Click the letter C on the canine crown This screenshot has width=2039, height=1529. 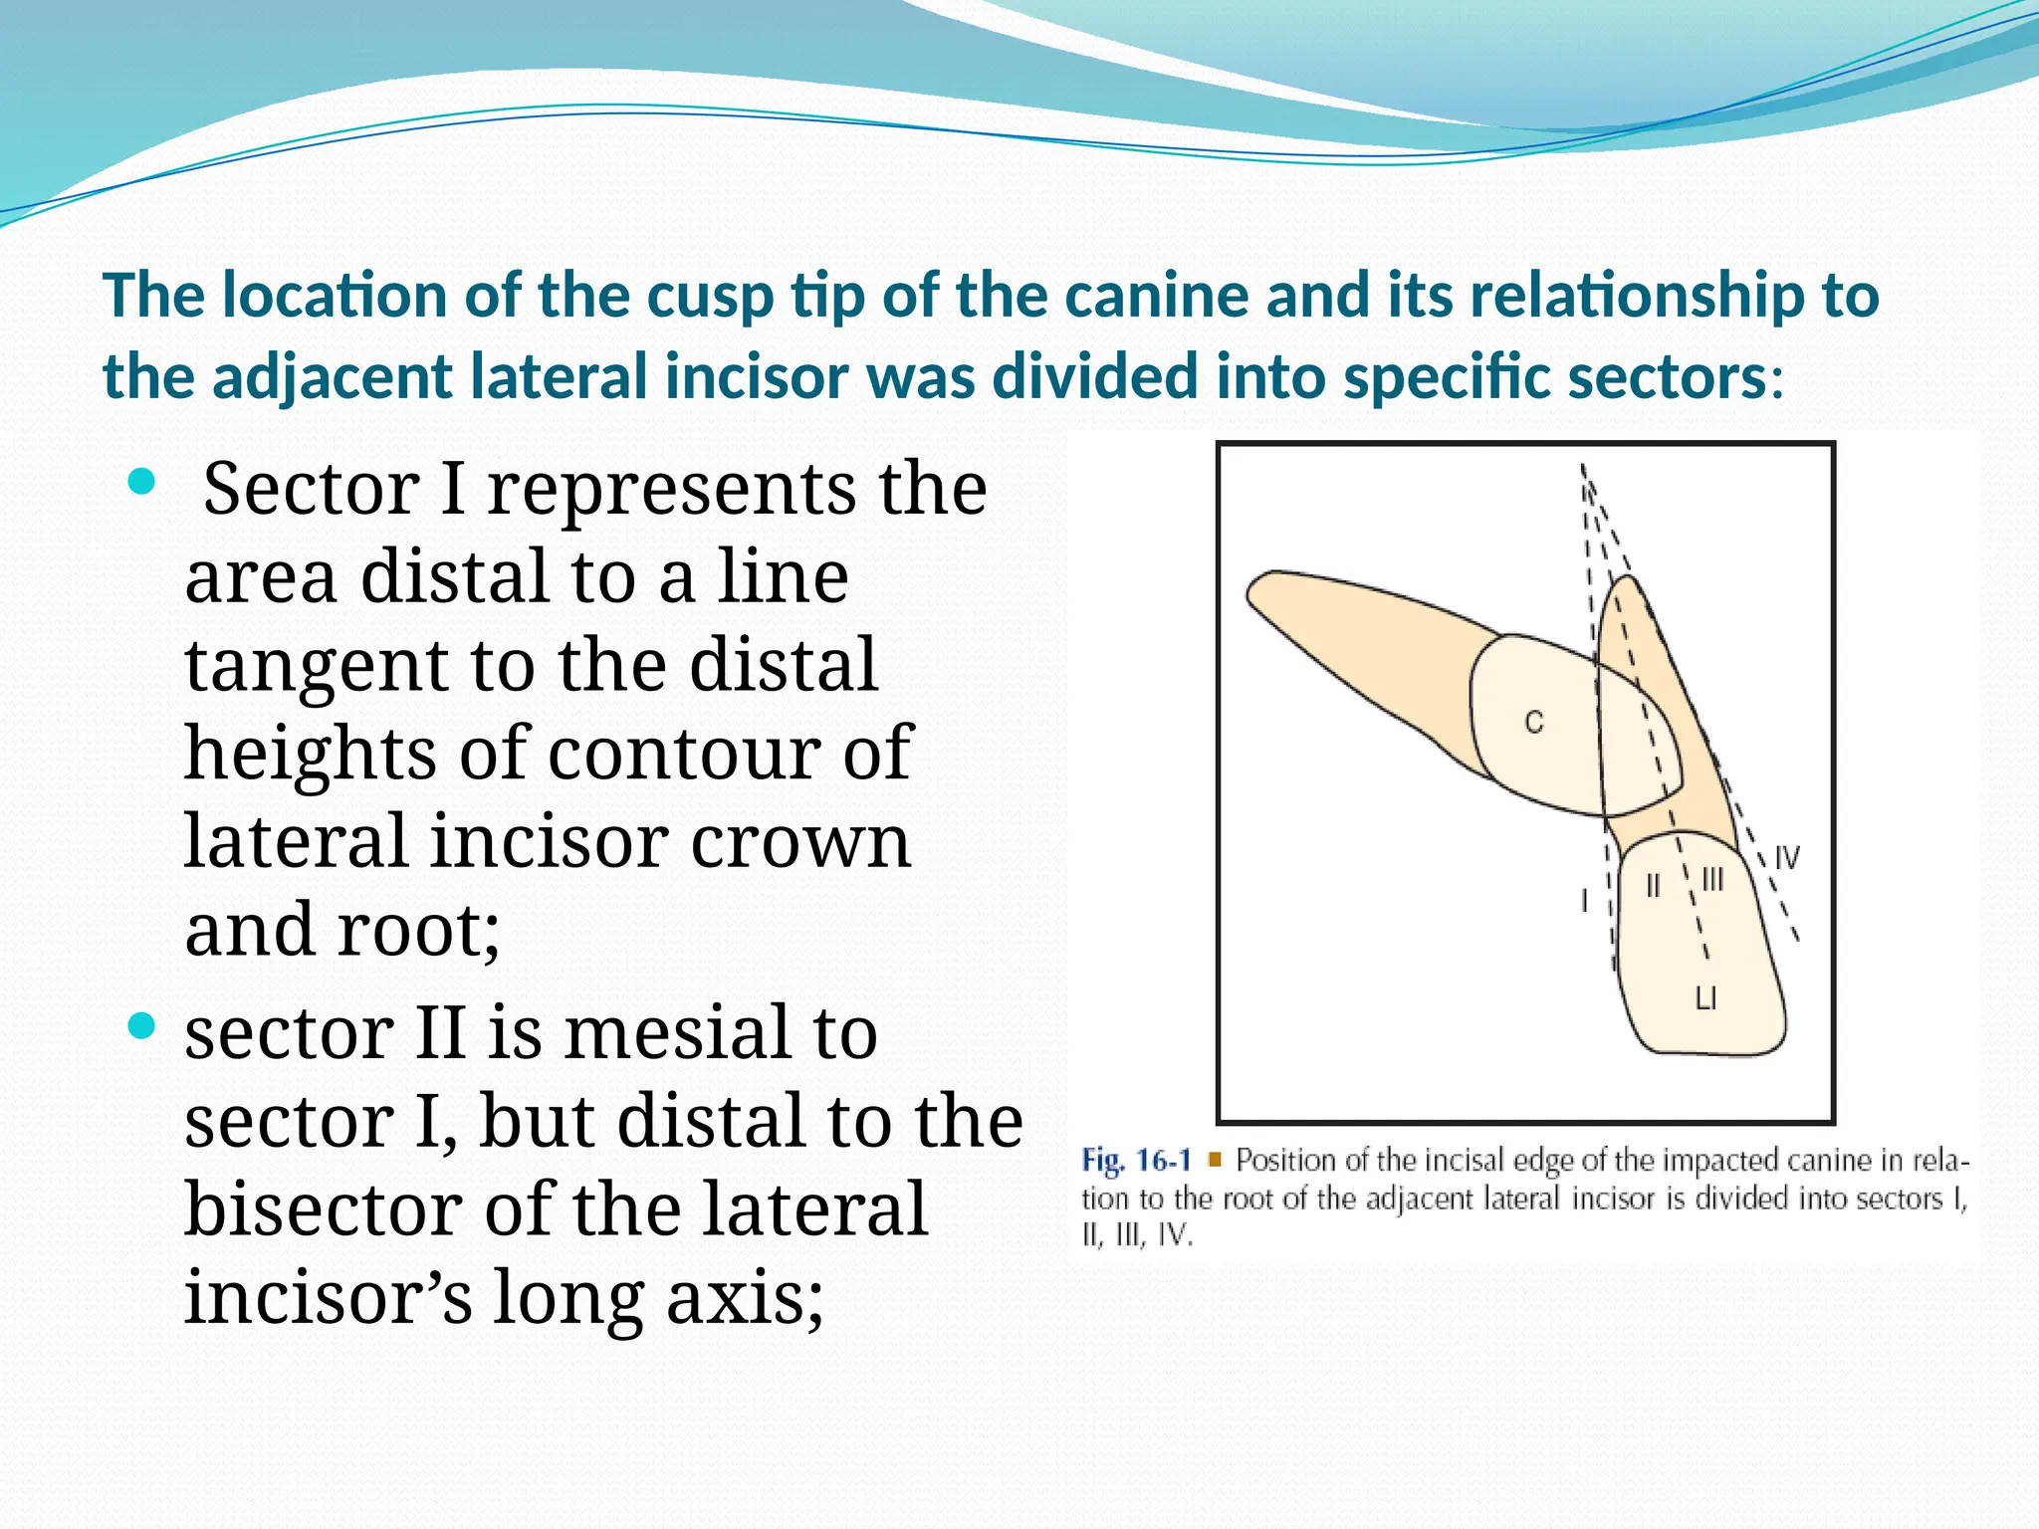(1533, 722)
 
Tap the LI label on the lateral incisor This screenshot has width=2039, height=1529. (1705, 998)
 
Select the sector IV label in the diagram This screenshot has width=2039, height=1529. (1787, 858)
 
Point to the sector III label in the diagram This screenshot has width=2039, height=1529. (1712, 880)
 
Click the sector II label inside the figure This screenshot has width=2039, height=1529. (1653, 885)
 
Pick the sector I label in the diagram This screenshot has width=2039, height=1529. (1584, 900)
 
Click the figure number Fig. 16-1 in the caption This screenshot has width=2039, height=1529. (1136, 1161)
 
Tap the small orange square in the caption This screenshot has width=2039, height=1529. (1214, 1160)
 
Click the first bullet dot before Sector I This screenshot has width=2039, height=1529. (142, 483)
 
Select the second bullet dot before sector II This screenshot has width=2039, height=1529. (142, 1026)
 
